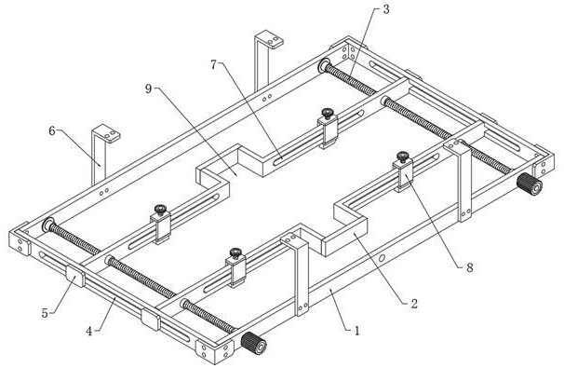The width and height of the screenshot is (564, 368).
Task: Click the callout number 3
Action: point(386,9)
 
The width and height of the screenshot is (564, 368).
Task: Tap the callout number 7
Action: point(214,65)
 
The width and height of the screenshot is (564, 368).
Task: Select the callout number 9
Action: point(149,89)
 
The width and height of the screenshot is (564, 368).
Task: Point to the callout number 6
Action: point(52,131)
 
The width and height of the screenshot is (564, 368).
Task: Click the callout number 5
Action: point(45,313)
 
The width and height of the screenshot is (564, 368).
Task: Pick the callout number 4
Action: point(88,331)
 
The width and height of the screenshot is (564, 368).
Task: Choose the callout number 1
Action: point(356,330)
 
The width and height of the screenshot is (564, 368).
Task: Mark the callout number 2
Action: point(414,304)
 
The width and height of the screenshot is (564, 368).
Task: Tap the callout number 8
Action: point(470,267)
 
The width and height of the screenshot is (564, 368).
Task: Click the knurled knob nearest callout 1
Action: point(254,342)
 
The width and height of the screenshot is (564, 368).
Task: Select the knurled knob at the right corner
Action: point(530,184)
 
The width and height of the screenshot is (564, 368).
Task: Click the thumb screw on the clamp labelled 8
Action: point(402,157)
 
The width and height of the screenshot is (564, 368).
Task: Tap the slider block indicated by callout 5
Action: point(74,276)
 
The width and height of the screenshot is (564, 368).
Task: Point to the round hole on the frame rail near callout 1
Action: point(382,258)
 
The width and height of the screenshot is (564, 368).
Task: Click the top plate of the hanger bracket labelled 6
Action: point(107,133)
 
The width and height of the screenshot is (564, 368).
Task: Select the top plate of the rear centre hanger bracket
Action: point(269,39)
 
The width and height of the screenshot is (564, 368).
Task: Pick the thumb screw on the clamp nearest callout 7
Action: point(328,114)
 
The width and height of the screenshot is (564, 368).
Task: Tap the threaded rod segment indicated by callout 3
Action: point(350,78)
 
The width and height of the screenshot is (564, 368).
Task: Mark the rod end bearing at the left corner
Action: point(48,225)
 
